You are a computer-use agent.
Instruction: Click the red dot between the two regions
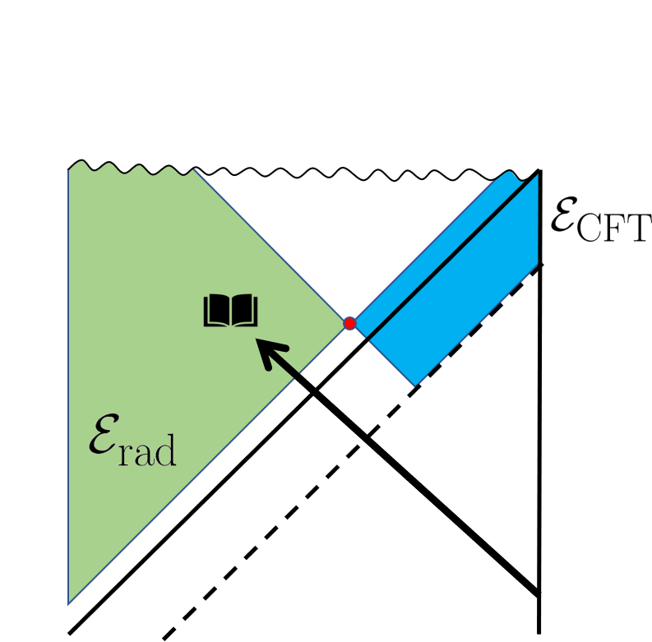349,323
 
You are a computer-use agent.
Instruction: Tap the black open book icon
231,311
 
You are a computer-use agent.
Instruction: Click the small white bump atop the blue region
511,156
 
